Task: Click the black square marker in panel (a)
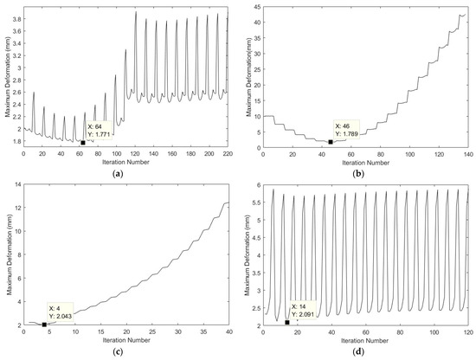[x=83, y=143]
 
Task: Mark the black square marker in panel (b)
[x=331, y=142]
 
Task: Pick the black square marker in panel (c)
[x=44, y=325]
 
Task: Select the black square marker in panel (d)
[x=286, y=322]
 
